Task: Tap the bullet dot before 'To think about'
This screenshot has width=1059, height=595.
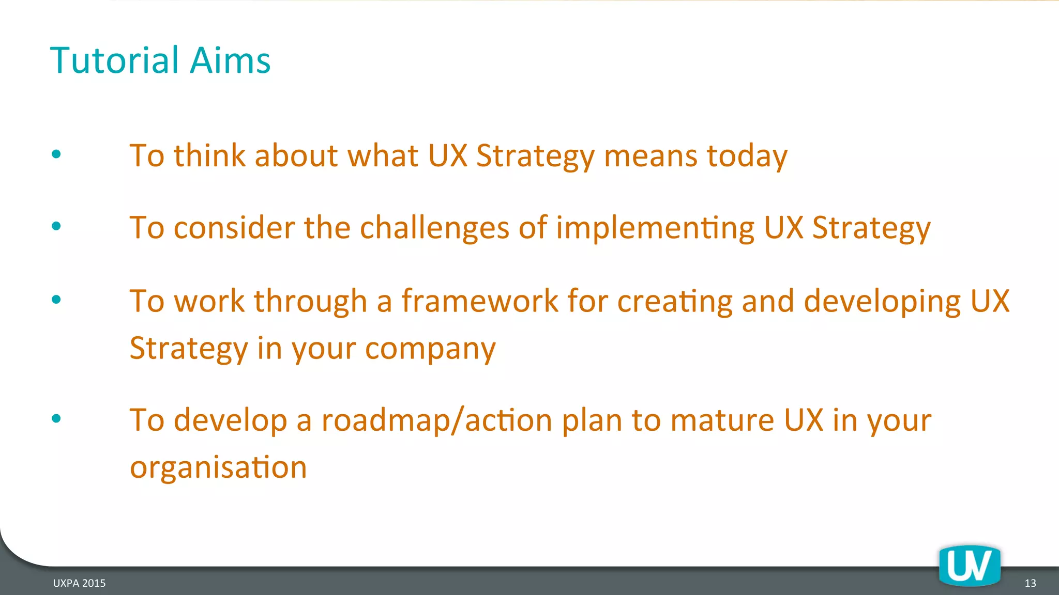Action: coord(56,154)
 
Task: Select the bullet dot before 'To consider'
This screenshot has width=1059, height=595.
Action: coord(56,226)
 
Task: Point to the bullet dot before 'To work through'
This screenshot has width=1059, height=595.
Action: coord(56,299)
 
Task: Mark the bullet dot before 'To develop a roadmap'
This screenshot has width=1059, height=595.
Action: coord(56,418)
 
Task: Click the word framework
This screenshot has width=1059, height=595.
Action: coord(480,301)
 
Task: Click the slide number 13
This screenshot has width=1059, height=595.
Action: coord(1030,583)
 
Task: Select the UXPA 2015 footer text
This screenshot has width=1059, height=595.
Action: coord(79,583)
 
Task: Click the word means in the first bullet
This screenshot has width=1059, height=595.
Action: coord(650,156)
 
